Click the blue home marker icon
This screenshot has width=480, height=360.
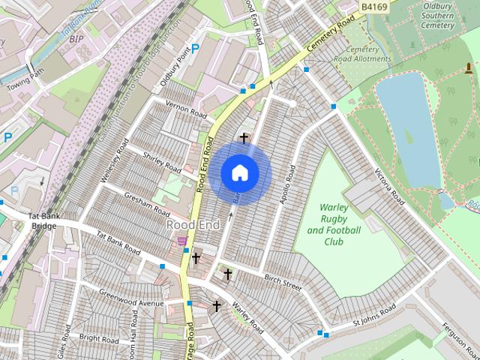click(239, 172)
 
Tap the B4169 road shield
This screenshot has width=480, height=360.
click(373, 6)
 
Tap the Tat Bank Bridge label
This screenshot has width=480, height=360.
click(43, 221)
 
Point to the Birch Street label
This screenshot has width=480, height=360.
click(283, 282)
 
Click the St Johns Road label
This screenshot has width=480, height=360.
click(373, 316)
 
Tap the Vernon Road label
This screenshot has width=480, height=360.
click(185, 109)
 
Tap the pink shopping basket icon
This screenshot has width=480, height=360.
click(181, 240)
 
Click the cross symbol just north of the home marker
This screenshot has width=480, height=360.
click(244, 138)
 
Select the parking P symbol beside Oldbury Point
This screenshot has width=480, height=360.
click(196, 49)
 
